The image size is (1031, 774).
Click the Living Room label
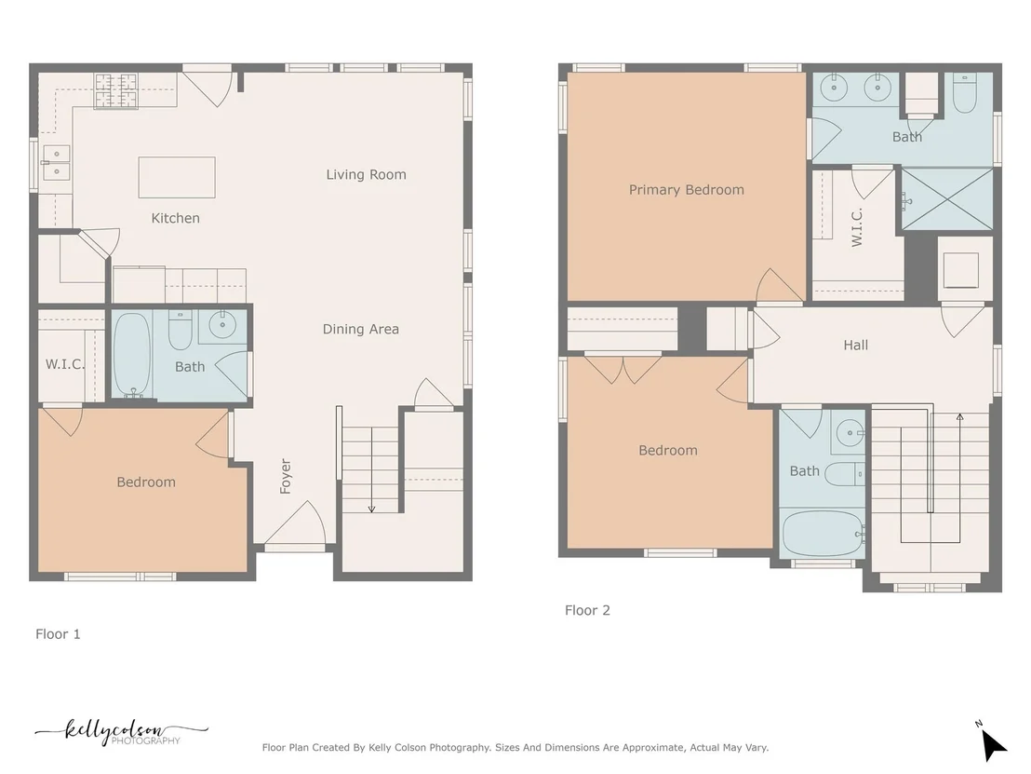pos(367,174)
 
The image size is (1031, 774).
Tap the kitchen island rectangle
pos(177,177)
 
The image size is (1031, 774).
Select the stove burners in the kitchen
pos(116,91)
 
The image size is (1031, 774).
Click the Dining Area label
pos(360,329)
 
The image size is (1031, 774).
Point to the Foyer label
pos(286,476)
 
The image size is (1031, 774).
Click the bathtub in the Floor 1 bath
pos(132,354)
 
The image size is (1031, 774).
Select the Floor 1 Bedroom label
pos(146,482)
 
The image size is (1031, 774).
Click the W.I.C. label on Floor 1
pos(64,364)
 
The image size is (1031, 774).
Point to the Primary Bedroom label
pos(687,190)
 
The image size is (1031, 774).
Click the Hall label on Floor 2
pos(855,345)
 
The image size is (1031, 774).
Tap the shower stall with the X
pos(947,198)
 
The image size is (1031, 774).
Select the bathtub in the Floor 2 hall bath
pos(823,533)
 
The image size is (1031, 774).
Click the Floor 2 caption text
pos(587,610)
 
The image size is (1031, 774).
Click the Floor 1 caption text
pos(58,633)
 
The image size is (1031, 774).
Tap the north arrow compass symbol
pos(992,741)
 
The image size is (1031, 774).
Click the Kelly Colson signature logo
pos(121,732)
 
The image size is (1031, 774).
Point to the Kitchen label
pos(176,218)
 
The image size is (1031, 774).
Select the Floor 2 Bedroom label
pos(668,450)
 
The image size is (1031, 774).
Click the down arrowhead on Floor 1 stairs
pos(371,509)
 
